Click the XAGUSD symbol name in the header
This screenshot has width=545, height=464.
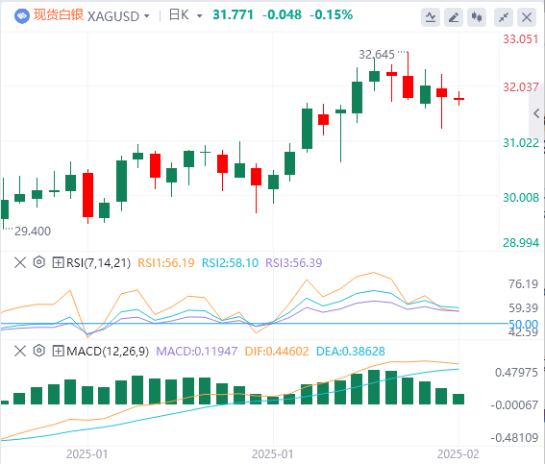(113, 16)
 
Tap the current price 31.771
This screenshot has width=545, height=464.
(233, 15)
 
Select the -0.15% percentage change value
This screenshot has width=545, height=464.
(331, 15)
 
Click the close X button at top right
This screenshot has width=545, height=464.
(527, 17)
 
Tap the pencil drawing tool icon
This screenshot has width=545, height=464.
(454, 17)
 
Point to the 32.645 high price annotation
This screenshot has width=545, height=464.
(377, 55)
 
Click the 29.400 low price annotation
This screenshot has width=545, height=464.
(33, 231)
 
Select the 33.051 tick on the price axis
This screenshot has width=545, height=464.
(521, 38)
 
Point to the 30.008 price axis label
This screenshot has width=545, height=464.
(521, 198)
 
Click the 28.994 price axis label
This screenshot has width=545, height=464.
(521, 242)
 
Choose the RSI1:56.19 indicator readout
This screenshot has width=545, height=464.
(166, 263)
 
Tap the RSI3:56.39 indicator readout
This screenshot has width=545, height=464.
(294, 263)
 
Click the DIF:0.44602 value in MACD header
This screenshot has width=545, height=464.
(277, 352)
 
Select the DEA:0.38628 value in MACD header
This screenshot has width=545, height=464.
(350, 352)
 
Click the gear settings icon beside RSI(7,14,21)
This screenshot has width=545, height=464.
(38, 262)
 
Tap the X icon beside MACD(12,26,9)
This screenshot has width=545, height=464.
(20, 351)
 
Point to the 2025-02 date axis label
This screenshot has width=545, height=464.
(458, 454)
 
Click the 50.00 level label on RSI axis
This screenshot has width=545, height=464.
(523, 325)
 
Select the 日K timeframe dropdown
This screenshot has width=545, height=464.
(186, 15)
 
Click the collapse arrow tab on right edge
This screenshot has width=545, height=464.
(536, 113)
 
